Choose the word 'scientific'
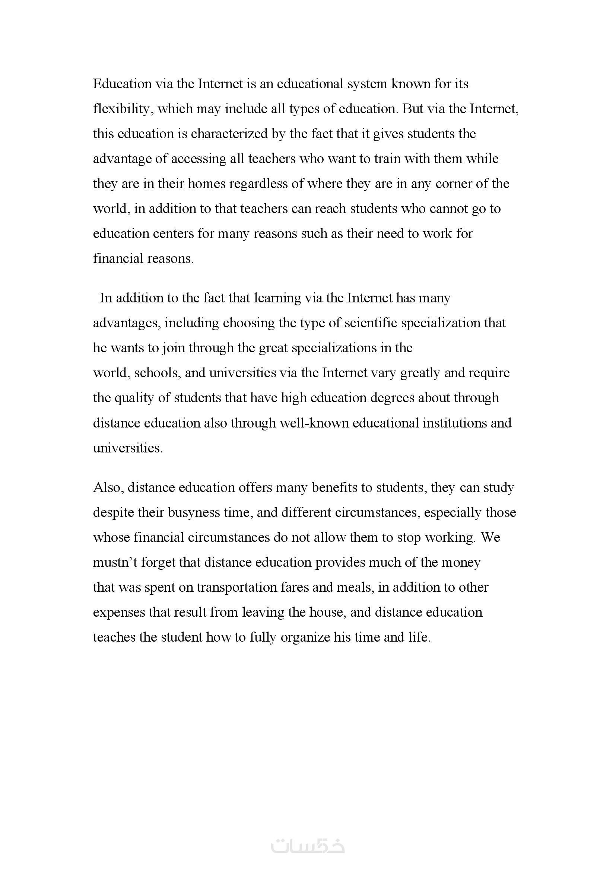point(371,323)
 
